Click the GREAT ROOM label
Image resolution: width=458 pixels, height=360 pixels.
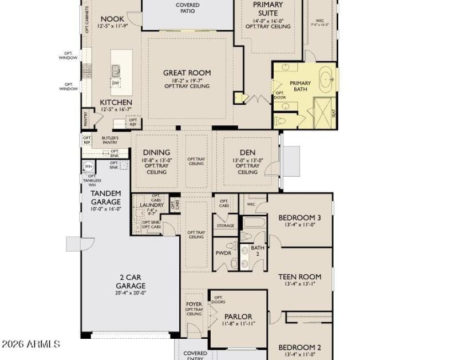click(187, 73)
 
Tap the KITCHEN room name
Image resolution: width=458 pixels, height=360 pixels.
click(116, 102)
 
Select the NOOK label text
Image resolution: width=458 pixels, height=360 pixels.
click(112, 18)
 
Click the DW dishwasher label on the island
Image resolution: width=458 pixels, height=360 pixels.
click(116, 84)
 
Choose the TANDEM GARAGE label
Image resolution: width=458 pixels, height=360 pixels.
click(106, 197)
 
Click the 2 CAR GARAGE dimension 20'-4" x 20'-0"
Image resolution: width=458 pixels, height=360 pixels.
click(131, 292)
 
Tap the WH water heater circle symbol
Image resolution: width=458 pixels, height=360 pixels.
click(89, 167)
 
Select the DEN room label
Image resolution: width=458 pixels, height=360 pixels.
click(247, 152)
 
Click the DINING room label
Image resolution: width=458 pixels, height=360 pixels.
click(156, 152)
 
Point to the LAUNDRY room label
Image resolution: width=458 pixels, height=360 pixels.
click(152, 205)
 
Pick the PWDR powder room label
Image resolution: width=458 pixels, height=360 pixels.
click(223, 252)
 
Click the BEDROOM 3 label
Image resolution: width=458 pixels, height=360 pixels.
click(299, 217)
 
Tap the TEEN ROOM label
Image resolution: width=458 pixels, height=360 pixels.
click(299, 276)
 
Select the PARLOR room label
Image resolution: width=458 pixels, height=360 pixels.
click(238, 317)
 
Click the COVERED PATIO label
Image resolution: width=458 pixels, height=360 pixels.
click(187, 7)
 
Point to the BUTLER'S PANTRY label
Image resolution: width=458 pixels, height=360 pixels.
click(110, 141)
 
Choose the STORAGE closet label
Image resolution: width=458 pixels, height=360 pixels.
click(226, 226)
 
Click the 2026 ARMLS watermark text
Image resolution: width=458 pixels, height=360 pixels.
click(31, 344)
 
